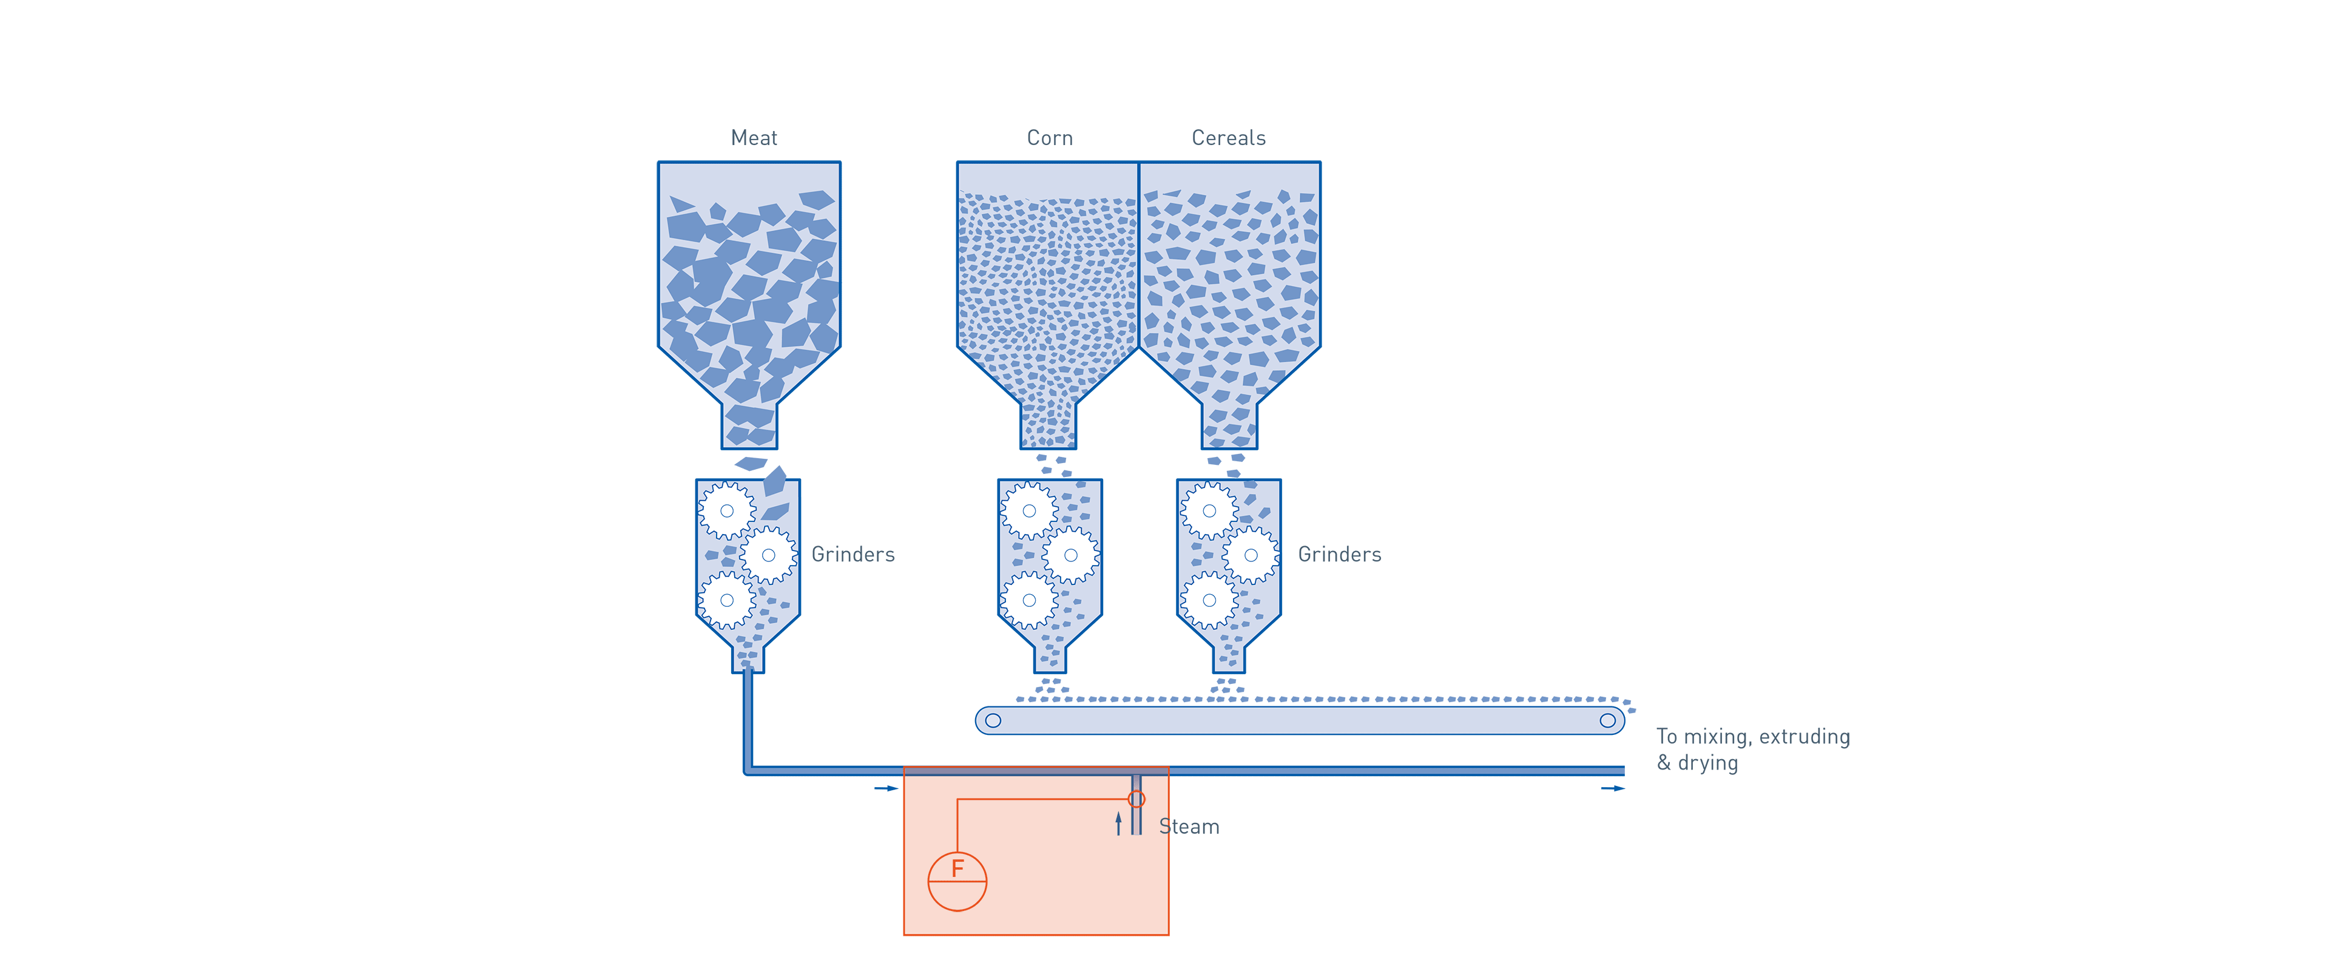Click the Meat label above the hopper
click(x=754, y=138)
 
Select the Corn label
click(x=1049, y=138)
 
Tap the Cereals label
click(x=1228, y=138)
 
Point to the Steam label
click(x=1189, y=826)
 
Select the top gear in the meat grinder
click(x=726, y=510)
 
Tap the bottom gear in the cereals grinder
click(x=1209, y=600)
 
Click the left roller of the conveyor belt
click(x=993, y=720)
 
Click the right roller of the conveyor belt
click(x=1607, y=720)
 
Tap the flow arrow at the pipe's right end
click(x=1613, y=788)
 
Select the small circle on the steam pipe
click(x=1137, y=799)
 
